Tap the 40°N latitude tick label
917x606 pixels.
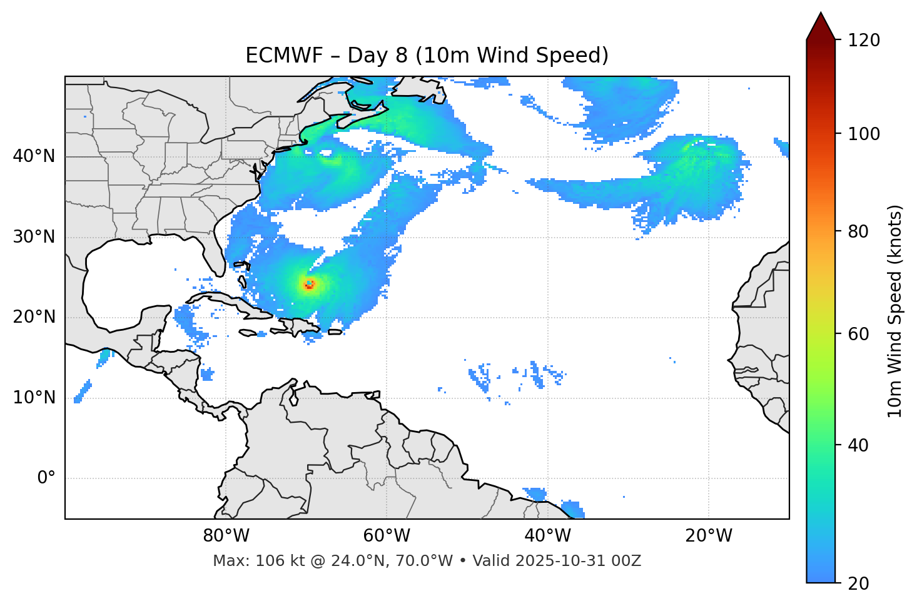(x=34, y=156)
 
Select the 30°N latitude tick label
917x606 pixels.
(x=34, y=237)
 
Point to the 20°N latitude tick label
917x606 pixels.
(x=34, y=318)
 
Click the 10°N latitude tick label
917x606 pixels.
(x=34, y=398)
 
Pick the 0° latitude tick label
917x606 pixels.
(x=46, y=478)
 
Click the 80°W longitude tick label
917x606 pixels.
(x=226, y=536)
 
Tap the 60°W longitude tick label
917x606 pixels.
(x=387, y=536)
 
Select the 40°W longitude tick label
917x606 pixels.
(x=547, y=536)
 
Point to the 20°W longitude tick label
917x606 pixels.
(x=708, y=536)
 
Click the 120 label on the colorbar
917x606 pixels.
(x=865, y=41)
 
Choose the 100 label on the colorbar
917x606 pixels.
(x=865, y=134)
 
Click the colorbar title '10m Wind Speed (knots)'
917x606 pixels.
(x=895, y=311)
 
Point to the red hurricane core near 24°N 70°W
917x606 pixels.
(x=309, y=285)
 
